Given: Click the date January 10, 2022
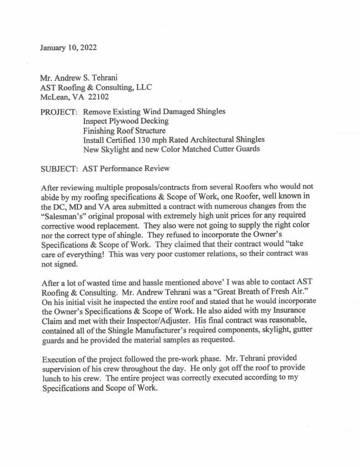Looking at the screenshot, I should (68, 47).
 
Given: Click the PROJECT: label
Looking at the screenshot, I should (59, 112).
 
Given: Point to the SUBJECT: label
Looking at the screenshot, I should (60, 169).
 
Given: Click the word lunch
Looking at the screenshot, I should (51, 377).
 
